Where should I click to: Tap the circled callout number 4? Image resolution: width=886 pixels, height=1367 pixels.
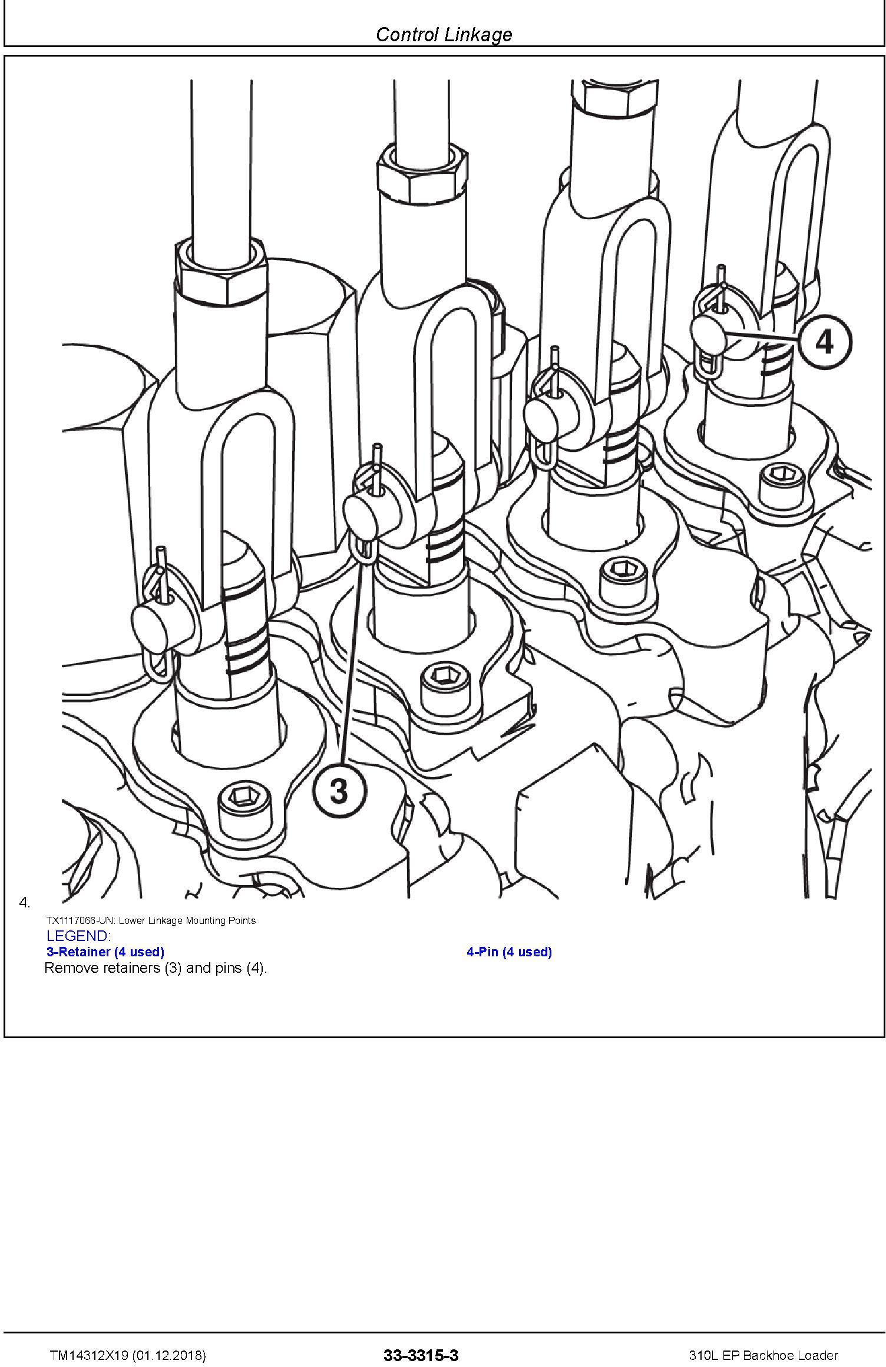point(825,341)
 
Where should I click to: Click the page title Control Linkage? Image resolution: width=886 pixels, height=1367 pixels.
point(444,34)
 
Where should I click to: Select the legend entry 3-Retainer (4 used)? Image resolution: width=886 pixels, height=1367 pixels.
point(105,952)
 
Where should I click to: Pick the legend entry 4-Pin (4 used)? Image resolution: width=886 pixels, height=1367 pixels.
point(510,952)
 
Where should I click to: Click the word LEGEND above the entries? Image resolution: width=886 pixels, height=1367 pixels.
point(78,936)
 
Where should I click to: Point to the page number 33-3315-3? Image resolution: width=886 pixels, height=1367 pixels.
point(421,1351)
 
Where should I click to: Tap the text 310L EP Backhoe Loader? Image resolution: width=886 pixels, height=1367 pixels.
point(763,1351)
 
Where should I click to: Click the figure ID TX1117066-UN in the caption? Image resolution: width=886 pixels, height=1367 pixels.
point(82,920)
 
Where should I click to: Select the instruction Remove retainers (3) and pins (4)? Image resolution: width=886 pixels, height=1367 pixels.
point(156,969)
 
